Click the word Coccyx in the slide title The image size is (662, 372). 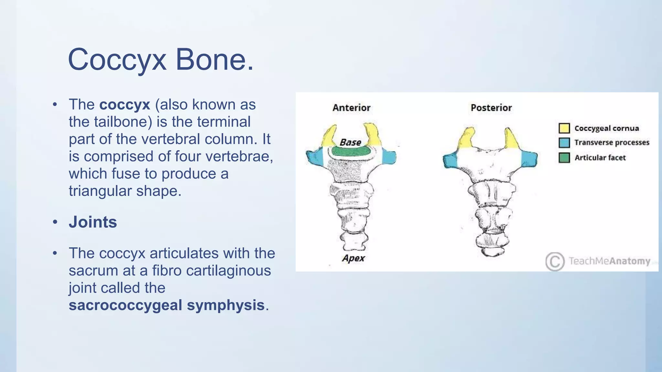(117, 60)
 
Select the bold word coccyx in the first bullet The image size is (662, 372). (125, 105)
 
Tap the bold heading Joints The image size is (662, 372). (93, 222)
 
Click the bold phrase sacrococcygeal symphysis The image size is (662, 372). (166, 305)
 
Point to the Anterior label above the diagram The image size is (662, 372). (351, 108)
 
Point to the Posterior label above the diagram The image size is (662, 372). (491, 108)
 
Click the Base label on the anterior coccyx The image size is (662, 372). (350, 142)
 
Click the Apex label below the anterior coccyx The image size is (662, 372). (353, 258)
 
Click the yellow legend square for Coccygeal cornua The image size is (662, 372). (564, 128)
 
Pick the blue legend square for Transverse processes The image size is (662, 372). (564, 142)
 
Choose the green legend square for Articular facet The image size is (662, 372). (564, 158)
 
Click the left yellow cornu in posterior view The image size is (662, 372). (466, 139)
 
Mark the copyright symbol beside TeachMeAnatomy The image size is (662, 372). (555, 261)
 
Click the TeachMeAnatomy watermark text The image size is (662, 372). (609, 261)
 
